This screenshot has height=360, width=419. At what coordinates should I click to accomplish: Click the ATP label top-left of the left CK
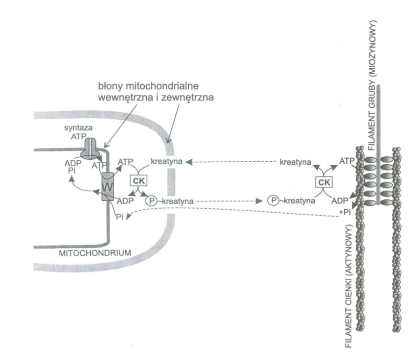pos(125,161)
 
